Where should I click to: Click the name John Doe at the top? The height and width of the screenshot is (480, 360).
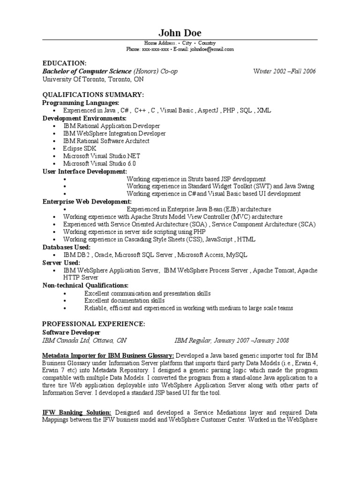tap(180, 32)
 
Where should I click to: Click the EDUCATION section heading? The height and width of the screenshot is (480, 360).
tap(64, 63)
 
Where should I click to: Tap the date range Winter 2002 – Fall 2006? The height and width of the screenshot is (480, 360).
tap(285, 71)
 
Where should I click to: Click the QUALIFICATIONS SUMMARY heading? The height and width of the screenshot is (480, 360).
tap(93, 95)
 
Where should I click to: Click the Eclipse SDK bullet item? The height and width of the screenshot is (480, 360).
tap(80, 149)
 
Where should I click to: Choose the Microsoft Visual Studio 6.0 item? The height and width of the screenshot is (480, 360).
tap(100, 164)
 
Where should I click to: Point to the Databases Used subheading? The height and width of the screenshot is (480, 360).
tap(67, 247)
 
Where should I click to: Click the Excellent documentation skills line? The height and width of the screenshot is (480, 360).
tap(124, 300)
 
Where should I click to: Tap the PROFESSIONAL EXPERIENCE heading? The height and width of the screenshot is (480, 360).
tap(94, 324)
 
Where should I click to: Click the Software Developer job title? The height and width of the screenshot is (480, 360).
tap(71, 332)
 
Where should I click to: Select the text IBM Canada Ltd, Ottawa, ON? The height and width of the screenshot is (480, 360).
tap(84, 340)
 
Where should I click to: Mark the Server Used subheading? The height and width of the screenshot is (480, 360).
tap(61, 262)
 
